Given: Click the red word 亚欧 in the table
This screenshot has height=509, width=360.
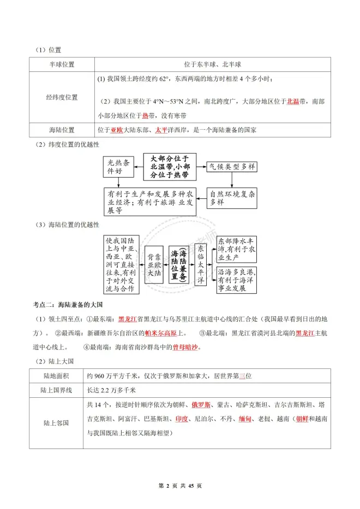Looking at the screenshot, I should [116, 130].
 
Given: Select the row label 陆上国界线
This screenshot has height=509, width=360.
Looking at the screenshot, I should [56, 390].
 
